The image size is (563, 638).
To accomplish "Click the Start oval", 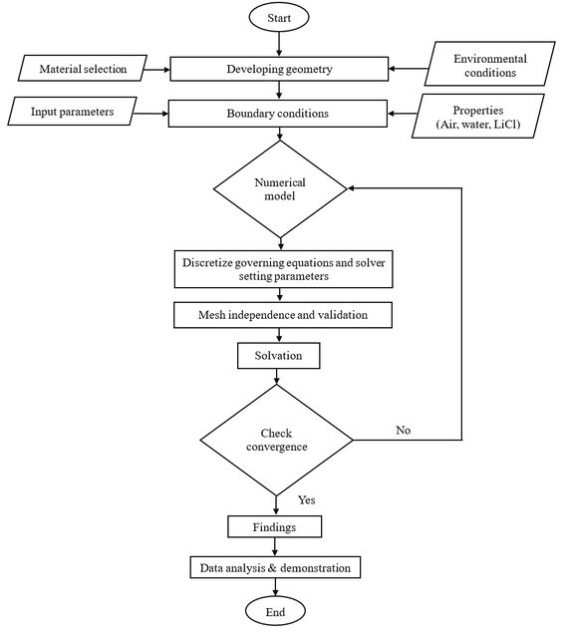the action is pos(279,18).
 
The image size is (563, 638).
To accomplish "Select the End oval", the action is pos(275,611).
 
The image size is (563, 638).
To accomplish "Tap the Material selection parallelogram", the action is pos(83,69).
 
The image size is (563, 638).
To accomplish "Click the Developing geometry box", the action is pos(279,69).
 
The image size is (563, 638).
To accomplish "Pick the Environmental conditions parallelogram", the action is pos(490,64).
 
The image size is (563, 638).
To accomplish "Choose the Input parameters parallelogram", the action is pos(72,112).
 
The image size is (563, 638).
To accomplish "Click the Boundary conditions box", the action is pos(278,114).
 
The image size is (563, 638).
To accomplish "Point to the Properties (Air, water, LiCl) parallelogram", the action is pos(478,117).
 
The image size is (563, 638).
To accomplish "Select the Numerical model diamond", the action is pos(280,188).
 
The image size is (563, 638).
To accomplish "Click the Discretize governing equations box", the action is pos(284,269).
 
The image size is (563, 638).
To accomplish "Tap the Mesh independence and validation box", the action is pos(283,315).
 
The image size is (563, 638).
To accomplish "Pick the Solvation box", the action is pos(279,356).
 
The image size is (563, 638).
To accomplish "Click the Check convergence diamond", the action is pos(277,440).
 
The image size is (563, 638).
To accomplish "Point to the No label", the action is pos(404,430).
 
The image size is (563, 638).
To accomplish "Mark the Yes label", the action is pos(306,499).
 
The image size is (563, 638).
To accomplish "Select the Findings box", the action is pos(275,527).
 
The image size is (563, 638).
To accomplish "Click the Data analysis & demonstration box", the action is pos(275,567).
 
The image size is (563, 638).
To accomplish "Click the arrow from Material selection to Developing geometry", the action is pos(156,70).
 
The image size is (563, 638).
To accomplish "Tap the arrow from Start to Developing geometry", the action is pos(279,44).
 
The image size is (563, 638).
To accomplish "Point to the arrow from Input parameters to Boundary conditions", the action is pos(150,114).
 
